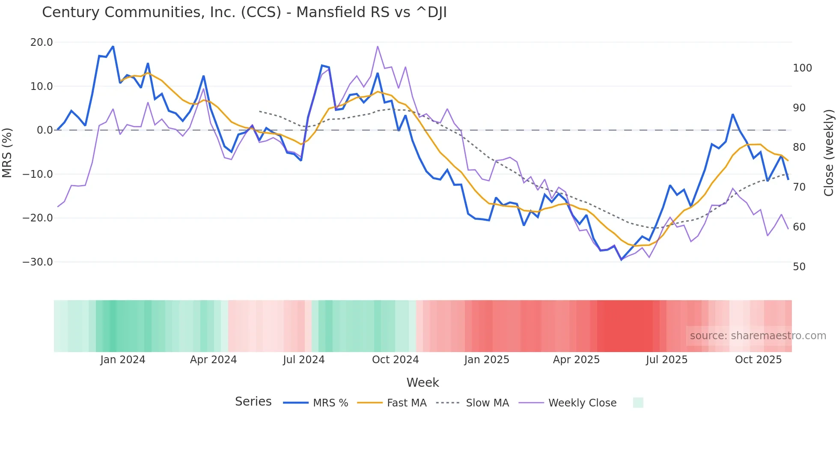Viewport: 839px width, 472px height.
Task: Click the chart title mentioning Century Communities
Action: click(x=244, y=12)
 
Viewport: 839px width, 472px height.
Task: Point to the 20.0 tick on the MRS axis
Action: click(x=42, y=42)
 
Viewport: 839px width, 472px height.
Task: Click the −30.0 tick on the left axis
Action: click(x=38, y=262)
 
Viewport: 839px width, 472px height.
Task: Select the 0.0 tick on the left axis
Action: click(x=45, y=130)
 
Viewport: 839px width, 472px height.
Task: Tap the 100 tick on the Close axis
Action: click(x=802, y=68)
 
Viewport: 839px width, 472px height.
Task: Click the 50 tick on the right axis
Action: click(x=799, y=267)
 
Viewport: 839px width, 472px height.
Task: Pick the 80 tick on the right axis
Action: click(x=799, y=147)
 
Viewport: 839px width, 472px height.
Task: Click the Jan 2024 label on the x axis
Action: click(x=122, y=360)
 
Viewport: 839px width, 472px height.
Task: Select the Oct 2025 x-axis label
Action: click(x=758, y=360)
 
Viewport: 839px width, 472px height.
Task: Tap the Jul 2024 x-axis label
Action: click(x=303, y=360)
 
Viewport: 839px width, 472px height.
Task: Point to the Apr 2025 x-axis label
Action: click(x=576, y=360)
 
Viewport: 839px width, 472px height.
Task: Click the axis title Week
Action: click(x=422, y=382)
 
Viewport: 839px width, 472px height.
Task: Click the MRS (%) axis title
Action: click(x=7, y=152)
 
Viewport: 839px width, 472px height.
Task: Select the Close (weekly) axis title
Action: click(x=829, y=152)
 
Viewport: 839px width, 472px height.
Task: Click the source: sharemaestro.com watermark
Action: click(x=758, y=336)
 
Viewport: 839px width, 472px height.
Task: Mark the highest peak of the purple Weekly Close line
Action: click(x=378, y=46)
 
